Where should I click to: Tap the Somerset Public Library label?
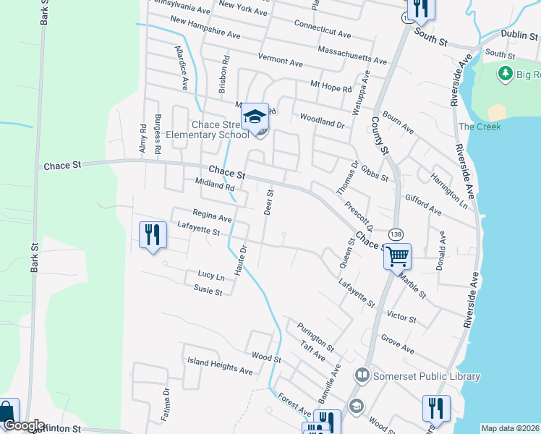[x=425, y=376]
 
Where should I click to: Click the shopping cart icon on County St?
[x=397, y=255]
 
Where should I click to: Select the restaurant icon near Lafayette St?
[x=152, y=234]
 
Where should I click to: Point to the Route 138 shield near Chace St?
[x=396, y=233]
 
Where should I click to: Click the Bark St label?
[x=34, y=257]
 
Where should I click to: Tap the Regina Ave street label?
[x=212, y=215]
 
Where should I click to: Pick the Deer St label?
[x=269, y=203]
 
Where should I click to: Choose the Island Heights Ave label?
[x=220, y=366]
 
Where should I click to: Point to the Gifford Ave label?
[x=423, y=203]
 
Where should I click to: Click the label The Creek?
[x=480, y=127]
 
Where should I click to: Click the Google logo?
[x=24, y=425]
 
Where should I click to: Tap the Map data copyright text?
[x=511, y=428]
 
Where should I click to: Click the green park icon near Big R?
[x=505, y=73]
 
